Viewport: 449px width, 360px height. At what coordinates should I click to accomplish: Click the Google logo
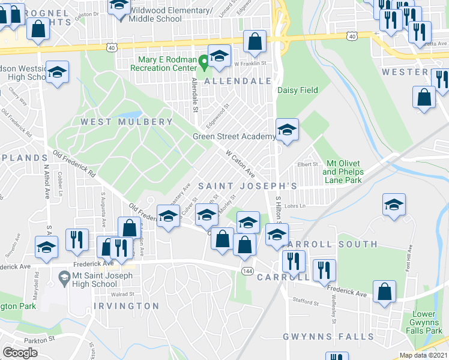[20, 353]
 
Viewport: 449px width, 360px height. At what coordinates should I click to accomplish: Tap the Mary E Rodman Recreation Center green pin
[203, 60]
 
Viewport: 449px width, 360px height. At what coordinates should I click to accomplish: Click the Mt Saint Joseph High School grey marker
[64, 277]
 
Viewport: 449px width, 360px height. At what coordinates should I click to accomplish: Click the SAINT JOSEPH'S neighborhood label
[247, 186]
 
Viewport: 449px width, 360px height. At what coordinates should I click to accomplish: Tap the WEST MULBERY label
[127, 122]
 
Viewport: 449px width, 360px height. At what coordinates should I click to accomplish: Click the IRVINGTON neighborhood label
[126, 306]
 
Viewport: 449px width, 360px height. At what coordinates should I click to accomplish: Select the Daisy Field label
[298, 91]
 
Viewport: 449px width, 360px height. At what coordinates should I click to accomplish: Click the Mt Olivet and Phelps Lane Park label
[344, 172]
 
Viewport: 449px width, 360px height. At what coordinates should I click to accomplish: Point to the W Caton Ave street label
[240, 163]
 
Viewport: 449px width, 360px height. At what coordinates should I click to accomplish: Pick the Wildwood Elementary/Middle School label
[168, 14]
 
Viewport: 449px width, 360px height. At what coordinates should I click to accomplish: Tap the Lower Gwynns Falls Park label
[427, 323]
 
